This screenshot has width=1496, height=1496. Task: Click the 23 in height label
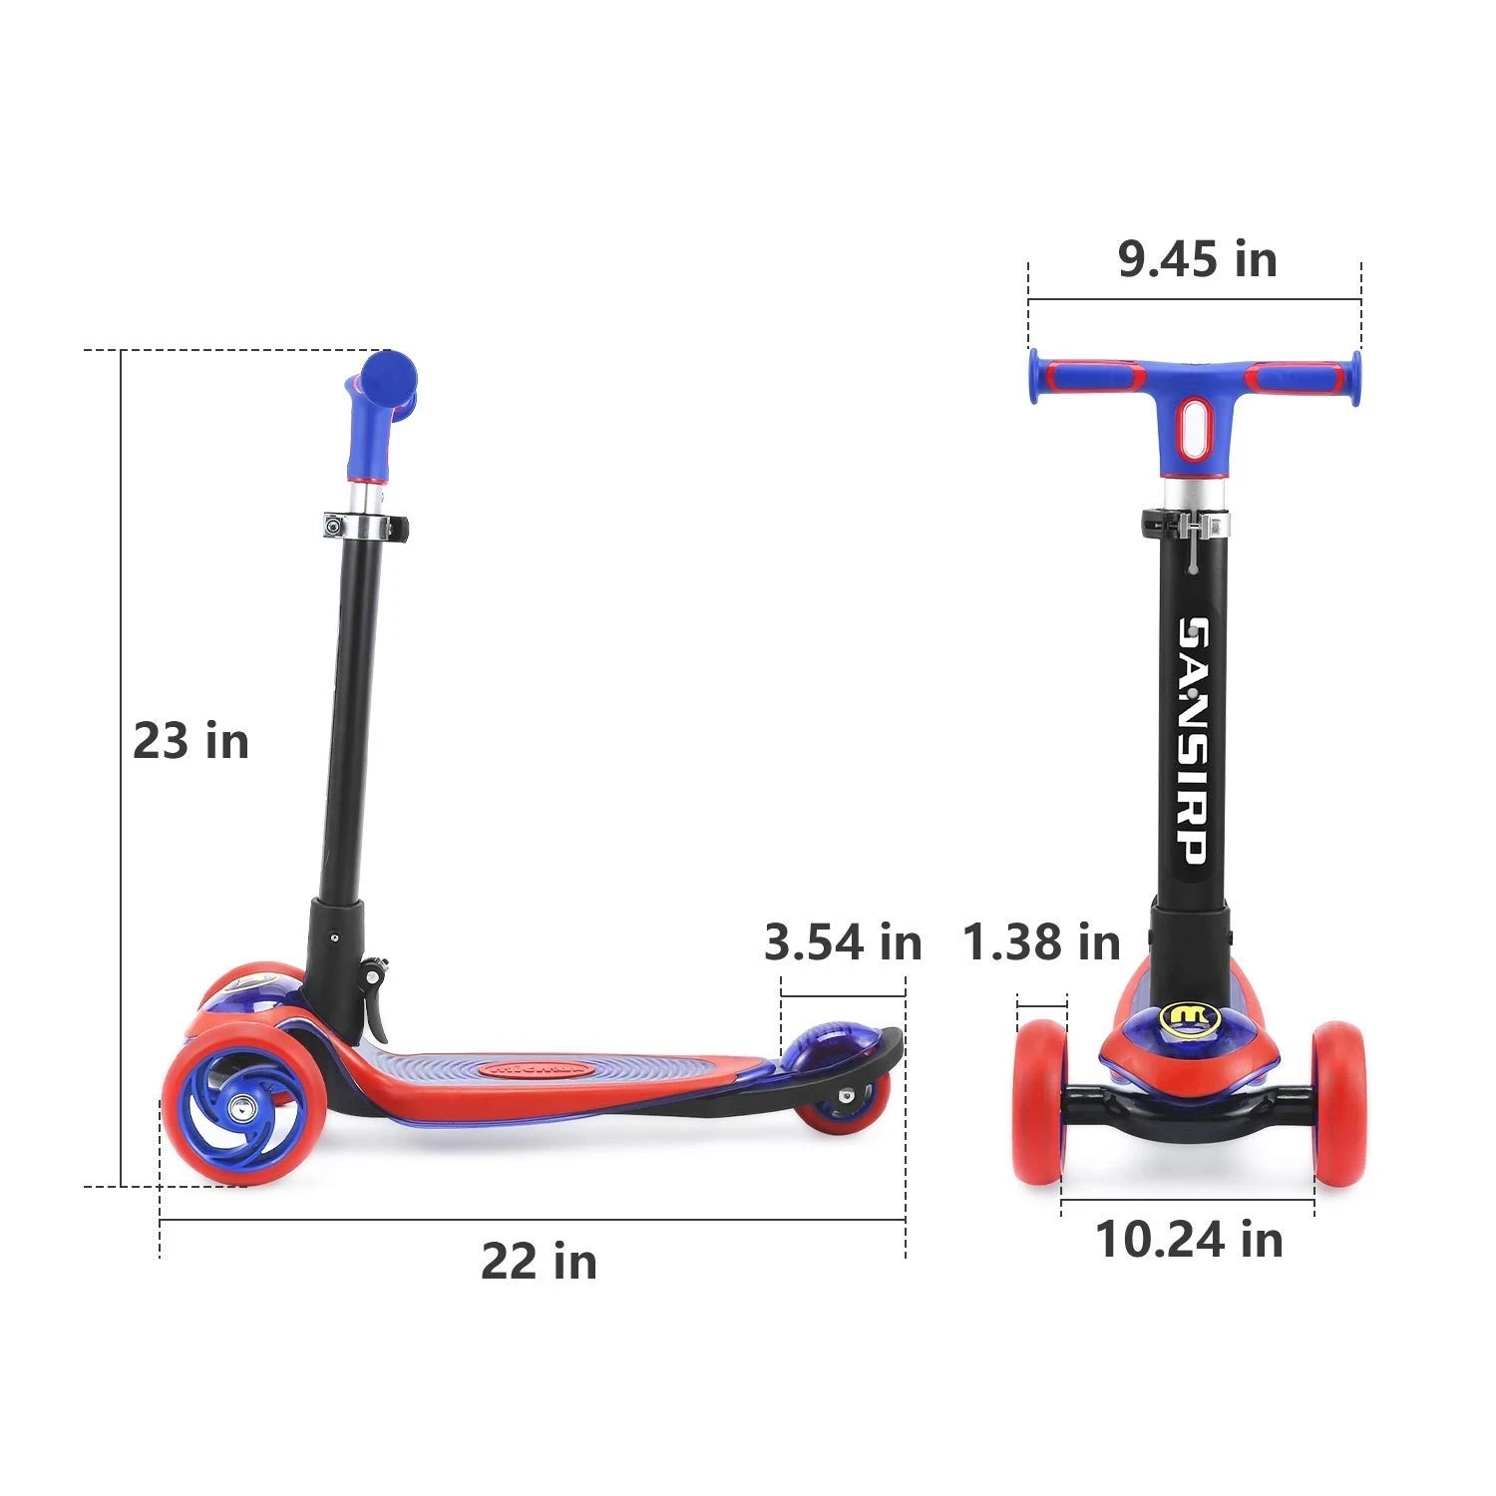tap(190, 742)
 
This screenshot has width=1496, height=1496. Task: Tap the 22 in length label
tap(539, 1262)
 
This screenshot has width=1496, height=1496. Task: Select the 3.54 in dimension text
tap(843, 941)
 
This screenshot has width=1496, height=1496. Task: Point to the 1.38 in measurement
tap(1041, 941)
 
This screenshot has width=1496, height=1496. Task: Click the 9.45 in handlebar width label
tap(1197, 259)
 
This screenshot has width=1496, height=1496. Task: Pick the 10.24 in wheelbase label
tap(1189, 1240)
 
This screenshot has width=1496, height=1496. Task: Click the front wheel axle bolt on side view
tap(240, 1108)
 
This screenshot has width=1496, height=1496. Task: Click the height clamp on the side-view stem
tap(364, 527)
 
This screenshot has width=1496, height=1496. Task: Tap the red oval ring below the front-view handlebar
tap(1194, 426)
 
